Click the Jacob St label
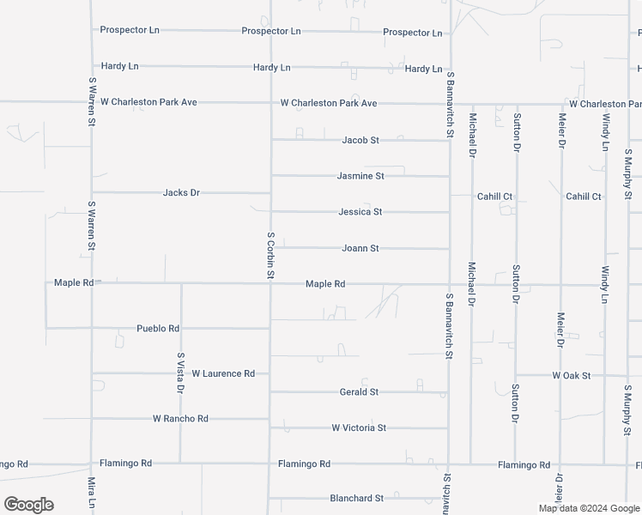coord(360,140)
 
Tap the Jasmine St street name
coord(360,176)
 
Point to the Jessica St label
coord(360,211)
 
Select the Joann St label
coord(360,249)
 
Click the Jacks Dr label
coord(181,193)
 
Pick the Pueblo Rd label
coord(158,329)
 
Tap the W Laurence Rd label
coord(223,374)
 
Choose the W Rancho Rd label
coord(180,419)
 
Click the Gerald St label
coord(359,392)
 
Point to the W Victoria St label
coord(359,427)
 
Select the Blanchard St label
coord(356,498)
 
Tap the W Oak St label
coord(572,376)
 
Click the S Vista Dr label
coord(180,373)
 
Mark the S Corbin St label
coord(270,255)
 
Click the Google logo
coord(28,505)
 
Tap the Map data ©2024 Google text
coord(587,508)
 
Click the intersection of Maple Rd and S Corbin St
coord(271,284)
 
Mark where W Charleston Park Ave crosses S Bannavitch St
coord(449,104)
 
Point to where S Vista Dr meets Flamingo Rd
coord(180,463)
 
